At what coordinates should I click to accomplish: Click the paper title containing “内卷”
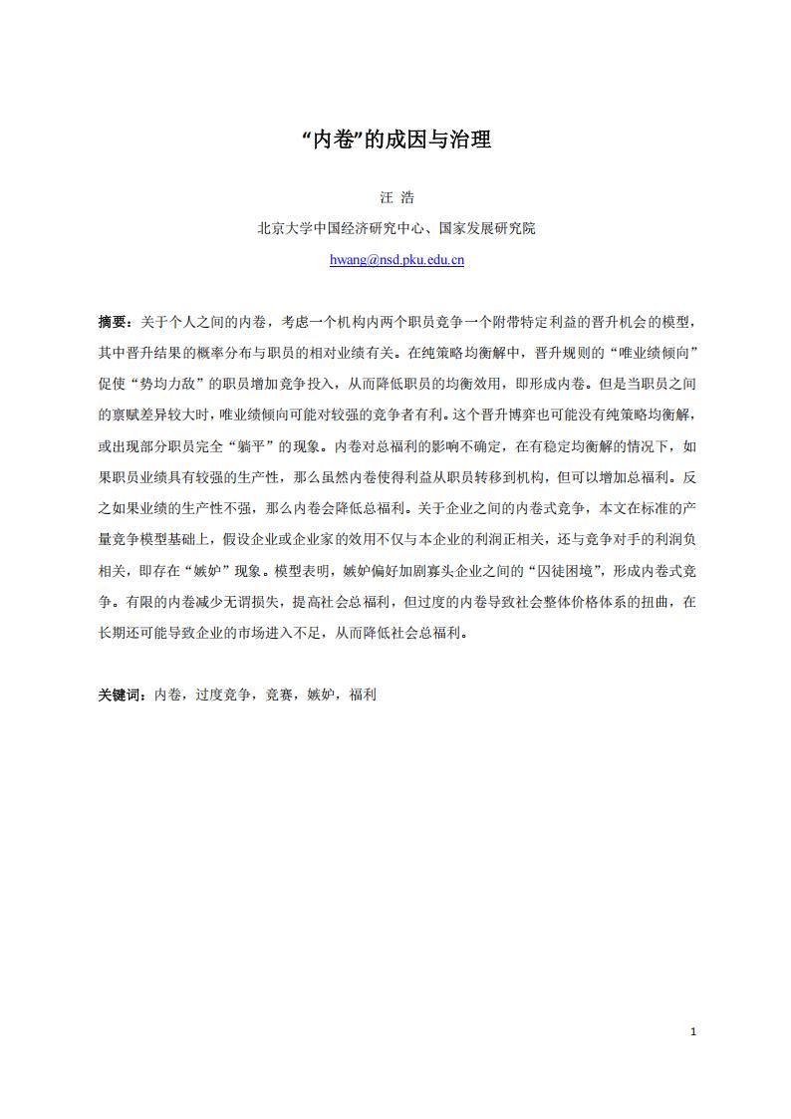coord(395,140)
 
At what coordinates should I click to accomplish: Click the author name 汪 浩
coord(396,197)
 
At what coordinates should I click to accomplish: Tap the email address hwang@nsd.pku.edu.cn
coord(396,260)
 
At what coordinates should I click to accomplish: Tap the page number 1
coord(692,1031)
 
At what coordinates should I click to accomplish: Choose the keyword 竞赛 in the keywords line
coord(279,695)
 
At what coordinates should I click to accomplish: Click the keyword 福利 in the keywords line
coord(363,695)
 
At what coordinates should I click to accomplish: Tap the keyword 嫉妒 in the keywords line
coord(321,695)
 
